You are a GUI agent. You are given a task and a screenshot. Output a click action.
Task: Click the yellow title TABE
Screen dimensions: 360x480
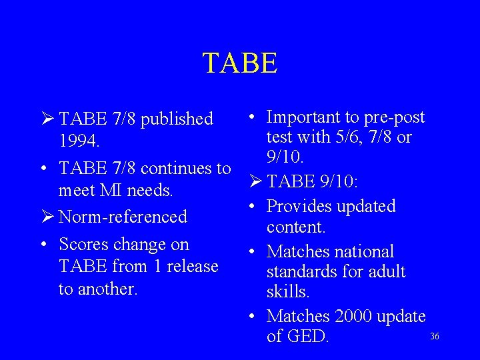[240, 63]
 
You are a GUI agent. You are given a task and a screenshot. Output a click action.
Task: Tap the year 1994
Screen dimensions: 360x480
[79, 142]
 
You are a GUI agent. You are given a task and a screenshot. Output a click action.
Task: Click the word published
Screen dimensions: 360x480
[177, 119]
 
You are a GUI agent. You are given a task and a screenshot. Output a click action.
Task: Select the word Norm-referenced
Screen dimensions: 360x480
[123, 217]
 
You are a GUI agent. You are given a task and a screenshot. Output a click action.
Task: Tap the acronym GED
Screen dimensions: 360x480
[307, 337]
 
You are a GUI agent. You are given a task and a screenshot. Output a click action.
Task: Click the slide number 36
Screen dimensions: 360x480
[435, 336]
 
